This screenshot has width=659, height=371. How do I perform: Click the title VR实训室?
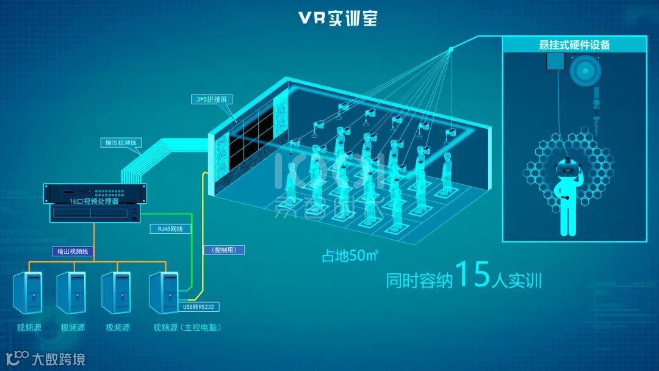click(x=338, y=18)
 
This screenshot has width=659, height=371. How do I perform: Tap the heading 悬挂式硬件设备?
click(x=574, y=45)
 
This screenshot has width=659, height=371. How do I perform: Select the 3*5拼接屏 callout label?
click(x=212, y=99)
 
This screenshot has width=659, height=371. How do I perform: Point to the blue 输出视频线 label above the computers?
click(x=73, y=250)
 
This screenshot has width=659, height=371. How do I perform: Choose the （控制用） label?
click(x=223, y=250)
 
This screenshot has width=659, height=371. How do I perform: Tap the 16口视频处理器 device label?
click(x=95, y=200)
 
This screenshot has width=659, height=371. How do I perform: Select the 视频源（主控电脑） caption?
click(x=187, y=328)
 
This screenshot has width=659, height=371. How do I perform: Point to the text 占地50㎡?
click(x=350, y=256)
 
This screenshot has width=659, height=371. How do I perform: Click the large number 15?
click(x=473, y=275)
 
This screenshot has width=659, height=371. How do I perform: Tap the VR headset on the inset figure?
click(x=569, y=166)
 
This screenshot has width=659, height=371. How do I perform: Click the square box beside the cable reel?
click(x=555, y=62)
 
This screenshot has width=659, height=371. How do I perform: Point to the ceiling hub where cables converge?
click(x=452, y=49)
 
